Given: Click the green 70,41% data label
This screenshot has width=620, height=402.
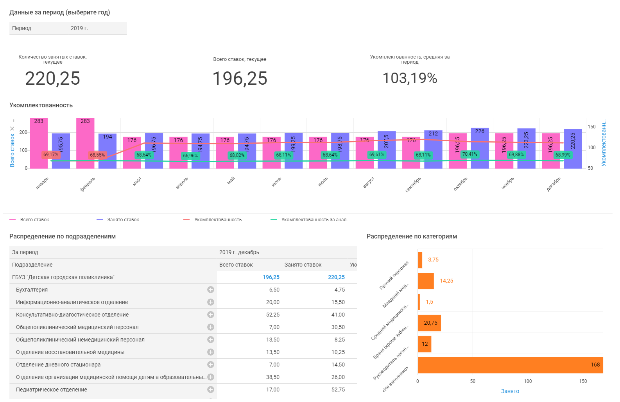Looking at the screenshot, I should (x=469, y=154).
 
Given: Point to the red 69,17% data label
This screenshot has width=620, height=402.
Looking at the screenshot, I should (x=51, y=155).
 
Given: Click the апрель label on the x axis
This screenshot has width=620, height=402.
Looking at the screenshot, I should (x=182, y=183).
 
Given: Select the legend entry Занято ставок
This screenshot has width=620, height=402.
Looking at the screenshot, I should (x=123, y=220).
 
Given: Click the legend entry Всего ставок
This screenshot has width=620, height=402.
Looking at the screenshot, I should (x=34, y=220).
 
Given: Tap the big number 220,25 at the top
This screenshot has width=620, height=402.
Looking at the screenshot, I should (x=52, y=78).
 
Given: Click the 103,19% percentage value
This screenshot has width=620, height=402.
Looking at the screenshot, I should (x=410, y=78).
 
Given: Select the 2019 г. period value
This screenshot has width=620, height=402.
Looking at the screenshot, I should (x=79, y=28).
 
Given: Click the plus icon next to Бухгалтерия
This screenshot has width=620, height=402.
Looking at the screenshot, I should (x=211, y=290).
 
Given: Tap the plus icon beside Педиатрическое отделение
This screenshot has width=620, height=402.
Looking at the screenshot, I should (x=211, y=390).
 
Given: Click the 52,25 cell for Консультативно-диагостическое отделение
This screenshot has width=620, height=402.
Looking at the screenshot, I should (x=272, y=315).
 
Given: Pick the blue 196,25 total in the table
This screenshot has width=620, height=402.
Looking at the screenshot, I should (x=271, y=277).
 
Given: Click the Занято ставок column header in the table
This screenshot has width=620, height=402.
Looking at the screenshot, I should (x=303, y=265).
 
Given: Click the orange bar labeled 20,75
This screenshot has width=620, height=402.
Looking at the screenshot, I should (x=429, y=323).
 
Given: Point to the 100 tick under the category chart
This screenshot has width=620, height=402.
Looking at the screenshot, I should (x=528, y=381).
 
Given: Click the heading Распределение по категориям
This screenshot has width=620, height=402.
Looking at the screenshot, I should (x=412, y=236).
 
